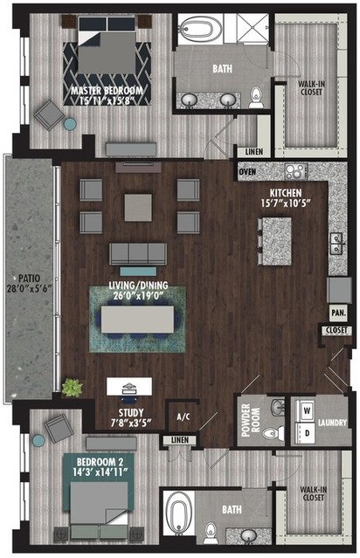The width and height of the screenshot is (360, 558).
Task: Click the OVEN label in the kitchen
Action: [x=247, y=172]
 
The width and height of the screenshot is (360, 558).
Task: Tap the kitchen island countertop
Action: [x=277, y=241]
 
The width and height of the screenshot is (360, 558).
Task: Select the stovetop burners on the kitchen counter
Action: [x=296, y=171]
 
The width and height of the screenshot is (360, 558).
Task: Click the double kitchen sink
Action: [x=336, y=243]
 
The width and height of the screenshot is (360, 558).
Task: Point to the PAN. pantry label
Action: [x=338, y=313]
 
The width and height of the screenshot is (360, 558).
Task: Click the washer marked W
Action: [x=306, y=411]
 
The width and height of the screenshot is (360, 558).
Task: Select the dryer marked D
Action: [x=306, y=433]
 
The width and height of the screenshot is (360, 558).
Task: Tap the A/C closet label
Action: [x=183, y=417]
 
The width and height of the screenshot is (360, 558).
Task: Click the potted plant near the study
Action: [x=73, y=388]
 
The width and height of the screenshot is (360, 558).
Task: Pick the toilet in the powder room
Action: [x=273, y=433]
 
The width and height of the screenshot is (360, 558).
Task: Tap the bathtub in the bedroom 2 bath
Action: [x=176, y=513]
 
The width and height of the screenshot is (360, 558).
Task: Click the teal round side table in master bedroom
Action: [x=70, y=124]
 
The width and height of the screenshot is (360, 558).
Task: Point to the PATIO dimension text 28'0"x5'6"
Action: [x=30, y=288]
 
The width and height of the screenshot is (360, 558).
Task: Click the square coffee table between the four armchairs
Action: [x=138, y=208]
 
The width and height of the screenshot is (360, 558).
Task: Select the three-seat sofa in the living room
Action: [x=138, y=254]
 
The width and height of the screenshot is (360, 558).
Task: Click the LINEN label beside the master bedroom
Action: [x=254, y=152]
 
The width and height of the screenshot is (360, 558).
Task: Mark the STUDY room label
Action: [x=131, y=413]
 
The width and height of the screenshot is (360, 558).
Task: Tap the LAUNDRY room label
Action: [x=332, y=423]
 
